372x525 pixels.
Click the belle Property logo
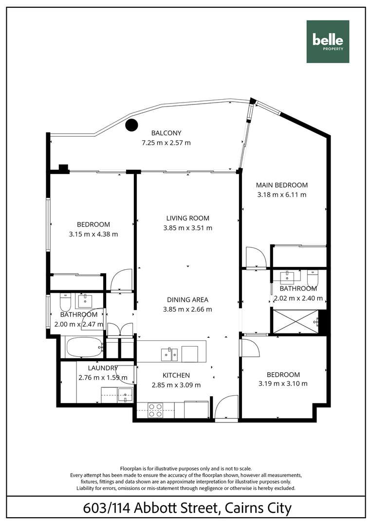pyautogui.click(x=328, y=42)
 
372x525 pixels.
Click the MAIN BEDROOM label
pyautogui.click(x=282, y=185)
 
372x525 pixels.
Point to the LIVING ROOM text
pyautogui.click(x=187, y=218)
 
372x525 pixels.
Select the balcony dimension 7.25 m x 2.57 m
pyautogui.click(x=166, y=142)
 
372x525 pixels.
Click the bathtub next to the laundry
pyautogui.click(x=83, y=347)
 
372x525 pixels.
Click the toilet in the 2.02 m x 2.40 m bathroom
pyautogui.click(x=312, y=279)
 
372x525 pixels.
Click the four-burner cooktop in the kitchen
pyautogui.click(x=155, y=410)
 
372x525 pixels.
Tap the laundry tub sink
pyautogui.click(x=125, y=395)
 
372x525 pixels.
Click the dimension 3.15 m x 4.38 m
pyautogui.click(x=93, y=234)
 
